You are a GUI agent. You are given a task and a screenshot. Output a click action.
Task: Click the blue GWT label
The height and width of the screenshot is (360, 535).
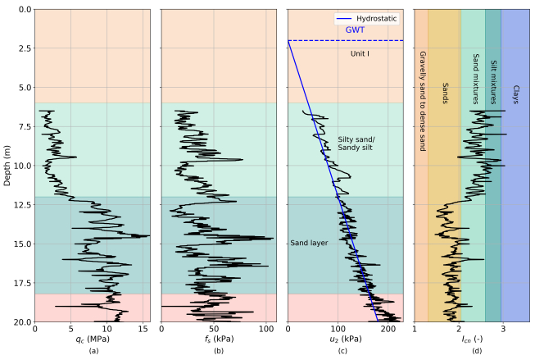coord(355,30)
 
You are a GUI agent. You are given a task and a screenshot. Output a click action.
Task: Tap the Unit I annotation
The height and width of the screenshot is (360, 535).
coord(360,53)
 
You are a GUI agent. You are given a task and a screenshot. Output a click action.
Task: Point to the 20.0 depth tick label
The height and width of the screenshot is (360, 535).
coord(20,321)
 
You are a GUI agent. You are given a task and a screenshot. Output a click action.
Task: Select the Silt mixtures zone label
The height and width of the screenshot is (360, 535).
coord(493,81)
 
